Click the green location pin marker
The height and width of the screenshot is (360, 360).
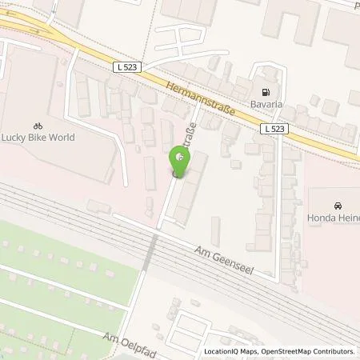coord(182,160)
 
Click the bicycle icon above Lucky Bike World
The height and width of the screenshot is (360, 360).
coord(37,125)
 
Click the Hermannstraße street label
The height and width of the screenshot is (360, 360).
coord(201,101)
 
